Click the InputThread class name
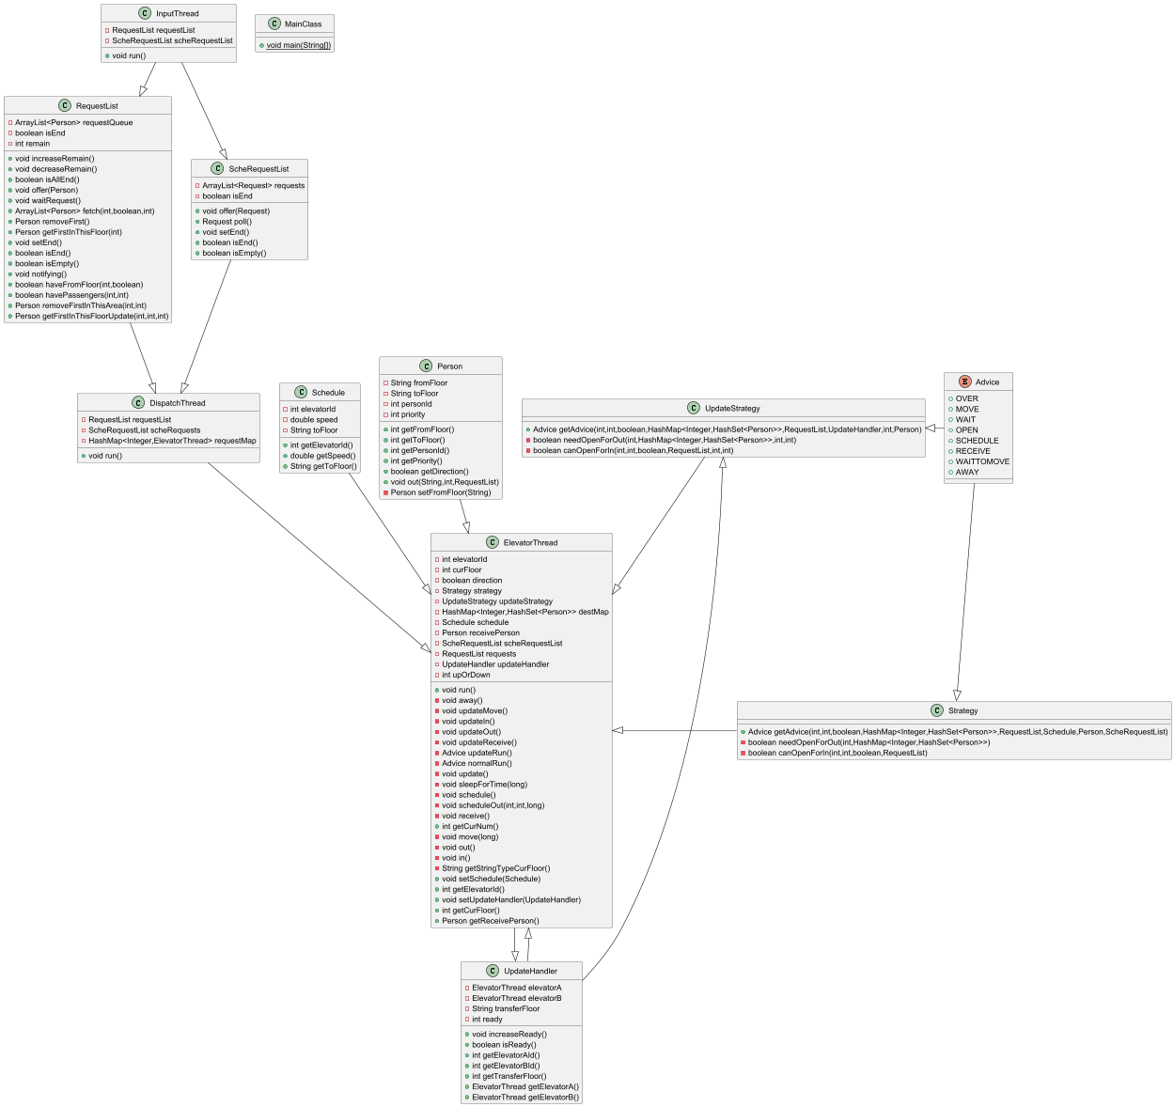pyautogui.click(x=177, y=14)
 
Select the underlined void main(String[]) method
pyautogui.click(x=299, y=45)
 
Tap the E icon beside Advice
pyautogui.click(x=964, y=382)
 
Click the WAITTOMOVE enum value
pyautogui.click(x=982, y=461)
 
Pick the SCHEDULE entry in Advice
pyautogui.click(x=977, y=441)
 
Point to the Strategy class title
pyautogui.click(x=963, y=710)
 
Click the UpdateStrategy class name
pyautogui.click(x=732, y=409)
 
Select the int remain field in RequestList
pyautogui.click(x=32, y=144)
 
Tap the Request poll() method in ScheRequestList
pyautogui.click(x=227, y=222)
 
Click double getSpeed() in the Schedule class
pyautogui.click(x=321, y=456)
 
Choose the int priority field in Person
pyautogui.click(x=407, y=414)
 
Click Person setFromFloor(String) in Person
pyautogui.click(x=440, y=492)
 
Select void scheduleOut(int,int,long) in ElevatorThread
pyautogui.click(x=493, y=805)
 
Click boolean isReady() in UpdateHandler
pyautogui.click(x=504, y=1044)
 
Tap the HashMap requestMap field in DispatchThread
pyautogui.click(x=172, y=441)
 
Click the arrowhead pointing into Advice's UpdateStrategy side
pyautogui.click(x=931, y=428)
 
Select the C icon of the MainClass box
pyautogui.click(x=274, y=23)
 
